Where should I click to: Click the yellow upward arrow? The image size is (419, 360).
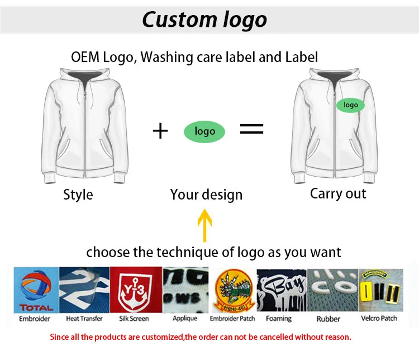(204, 225)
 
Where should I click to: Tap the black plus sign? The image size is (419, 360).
(160, 131)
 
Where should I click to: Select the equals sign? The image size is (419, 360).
(251, 129)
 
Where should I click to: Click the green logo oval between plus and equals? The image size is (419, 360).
(204, 131)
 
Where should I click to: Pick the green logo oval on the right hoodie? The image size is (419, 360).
(350, 105)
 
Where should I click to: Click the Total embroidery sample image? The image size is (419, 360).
(36, 290)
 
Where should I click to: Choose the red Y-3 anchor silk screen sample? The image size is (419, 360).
(136, 290)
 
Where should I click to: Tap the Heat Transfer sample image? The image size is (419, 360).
(84, 290)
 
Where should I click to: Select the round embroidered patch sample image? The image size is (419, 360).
(232, 291)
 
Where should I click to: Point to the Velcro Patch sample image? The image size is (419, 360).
(380, 290)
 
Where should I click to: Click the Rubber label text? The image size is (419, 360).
(328, 319)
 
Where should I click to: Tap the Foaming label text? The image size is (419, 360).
(279, 319)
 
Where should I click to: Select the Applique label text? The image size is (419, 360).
(185, 319)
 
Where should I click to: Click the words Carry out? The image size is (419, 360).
(338, 193)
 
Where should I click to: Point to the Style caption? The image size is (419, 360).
(78, 195)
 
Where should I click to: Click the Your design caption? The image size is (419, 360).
(206, 195)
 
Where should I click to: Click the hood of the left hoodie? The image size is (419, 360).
(85, 76)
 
